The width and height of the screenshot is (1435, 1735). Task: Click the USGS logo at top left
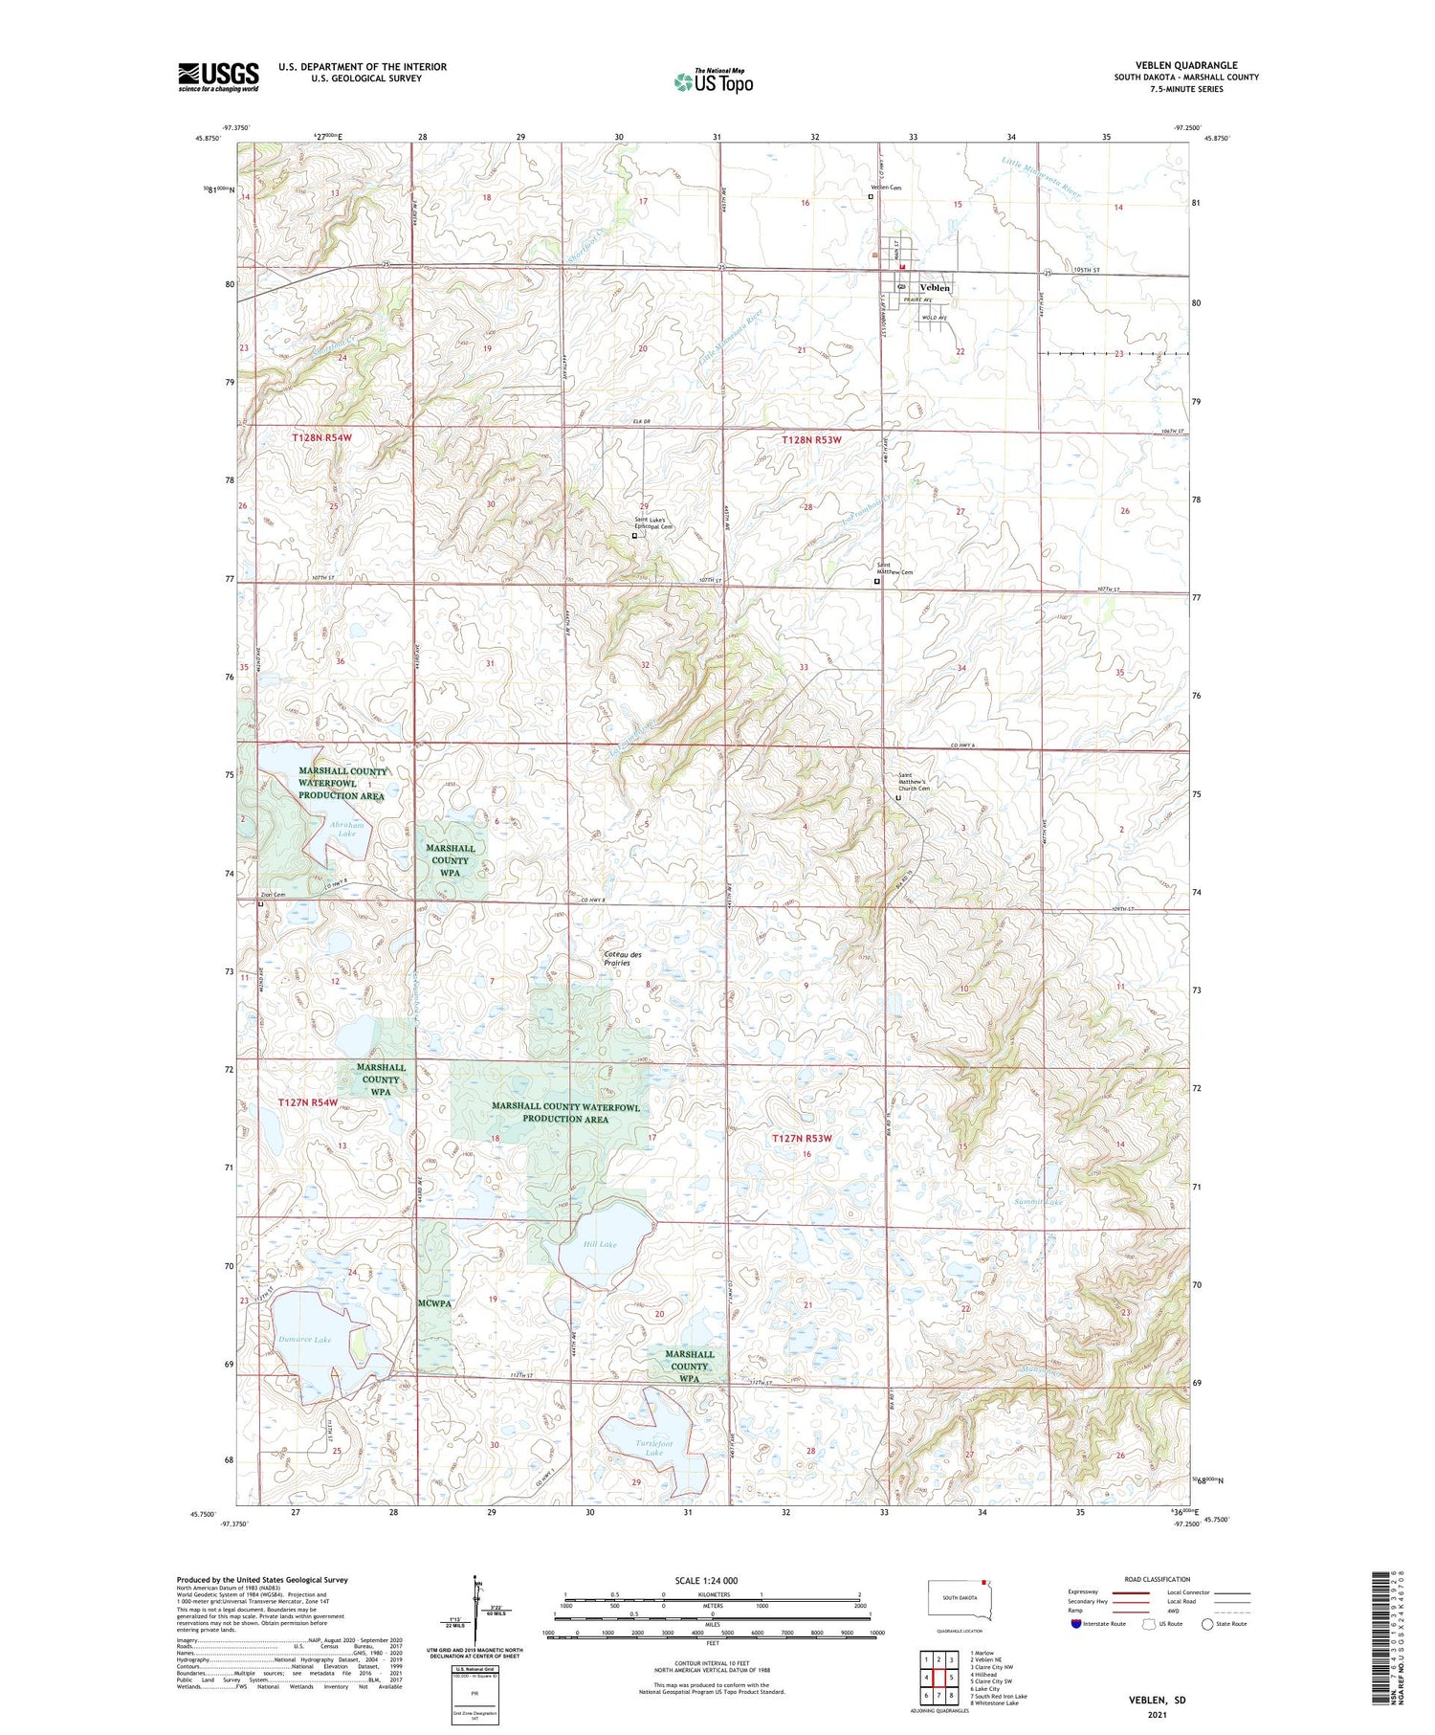point(218,77)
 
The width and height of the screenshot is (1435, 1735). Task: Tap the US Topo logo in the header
point(713,81)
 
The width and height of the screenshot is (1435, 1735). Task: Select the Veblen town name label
point(935,287)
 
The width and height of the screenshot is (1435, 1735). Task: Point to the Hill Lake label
point(600,1244)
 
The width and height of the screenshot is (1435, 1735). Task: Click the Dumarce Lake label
point(304,1340)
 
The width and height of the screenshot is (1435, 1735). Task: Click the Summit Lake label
point(1040,1201)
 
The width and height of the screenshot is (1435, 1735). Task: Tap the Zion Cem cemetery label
point(273,895)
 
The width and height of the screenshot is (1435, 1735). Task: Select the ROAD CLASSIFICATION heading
point(1158,1579)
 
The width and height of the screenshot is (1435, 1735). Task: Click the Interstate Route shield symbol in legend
point(1076,1624)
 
